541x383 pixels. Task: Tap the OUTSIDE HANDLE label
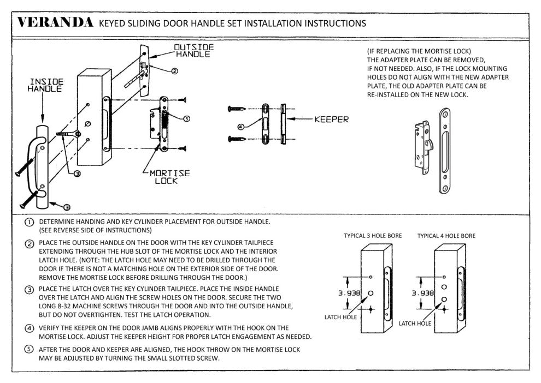193,51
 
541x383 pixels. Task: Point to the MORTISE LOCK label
169,177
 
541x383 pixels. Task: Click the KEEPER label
331,119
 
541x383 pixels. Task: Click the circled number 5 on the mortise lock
186,119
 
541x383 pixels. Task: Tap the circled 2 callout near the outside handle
174,71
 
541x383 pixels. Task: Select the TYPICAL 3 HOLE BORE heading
373,236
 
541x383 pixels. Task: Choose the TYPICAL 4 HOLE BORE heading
446,236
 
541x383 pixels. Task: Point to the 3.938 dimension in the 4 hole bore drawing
422,293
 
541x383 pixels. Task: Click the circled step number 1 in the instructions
28,223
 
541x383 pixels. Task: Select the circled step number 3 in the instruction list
28,289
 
